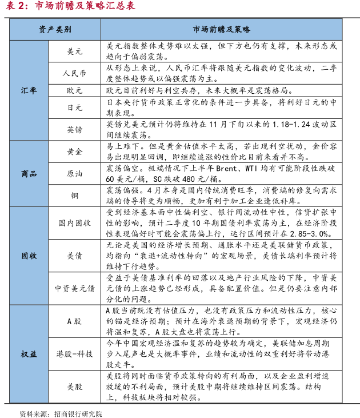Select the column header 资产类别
pos(55,29)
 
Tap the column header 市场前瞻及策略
pos(222,29)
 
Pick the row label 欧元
pos(75,90)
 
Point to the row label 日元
pos(75,107)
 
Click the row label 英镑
pos(75,129)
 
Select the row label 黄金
pos(75,152)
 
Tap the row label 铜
pos(75,195)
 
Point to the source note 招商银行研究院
pos(77,413)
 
